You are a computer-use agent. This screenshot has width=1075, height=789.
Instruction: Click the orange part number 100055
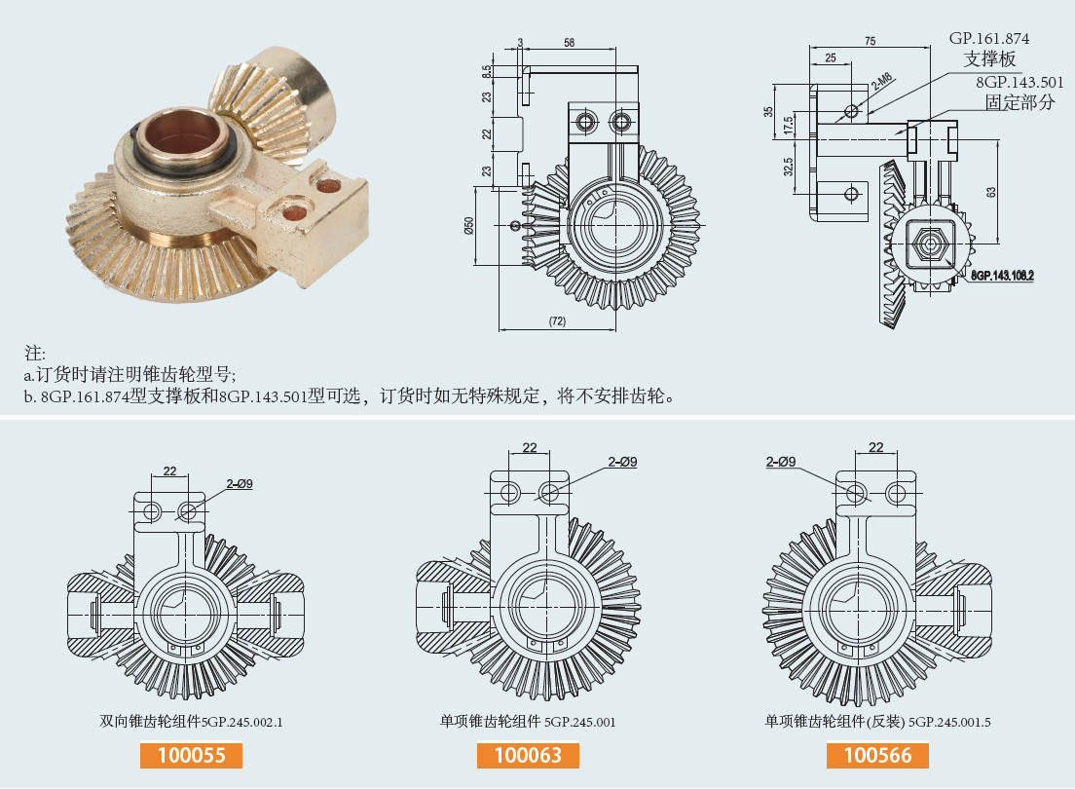(191, 755)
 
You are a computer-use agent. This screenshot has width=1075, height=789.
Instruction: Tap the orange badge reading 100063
(528, 755)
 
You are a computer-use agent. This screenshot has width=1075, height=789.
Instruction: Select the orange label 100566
(877, 755)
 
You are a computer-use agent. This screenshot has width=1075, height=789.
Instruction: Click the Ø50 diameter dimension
(468, 226)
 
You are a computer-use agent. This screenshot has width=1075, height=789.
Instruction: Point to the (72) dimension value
(557, 321)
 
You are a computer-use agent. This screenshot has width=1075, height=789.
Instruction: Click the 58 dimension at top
(569, 42)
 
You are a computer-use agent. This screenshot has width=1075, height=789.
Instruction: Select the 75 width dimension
(870, 41)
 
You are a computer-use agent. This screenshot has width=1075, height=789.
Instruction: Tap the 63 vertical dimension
(991, 192)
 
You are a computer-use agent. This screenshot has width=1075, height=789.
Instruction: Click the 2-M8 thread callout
(881, 82)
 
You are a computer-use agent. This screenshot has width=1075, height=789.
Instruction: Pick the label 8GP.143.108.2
(1001, 276)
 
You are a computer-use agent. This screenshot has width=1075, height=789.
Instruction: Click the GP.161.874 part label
(989, 38)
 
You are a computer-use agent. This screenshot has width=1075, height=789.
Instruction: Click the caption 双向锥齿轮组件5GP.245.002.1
(191, 723)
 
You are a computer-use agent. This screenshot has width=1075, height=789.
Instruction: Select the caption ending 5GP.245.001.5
(877, 723)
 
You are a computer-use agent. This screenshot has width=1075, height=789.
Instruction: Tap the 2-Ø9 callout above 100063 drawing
(622, 462)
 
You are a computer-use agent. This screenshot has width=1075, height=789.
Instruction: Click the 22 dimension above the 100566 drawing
(875, 447)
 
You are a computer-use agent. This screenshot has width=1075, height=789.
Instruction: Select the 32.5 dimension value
(790, 167)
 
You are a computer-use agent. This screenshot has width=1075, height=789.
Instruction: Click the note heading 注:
(35, 352)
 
